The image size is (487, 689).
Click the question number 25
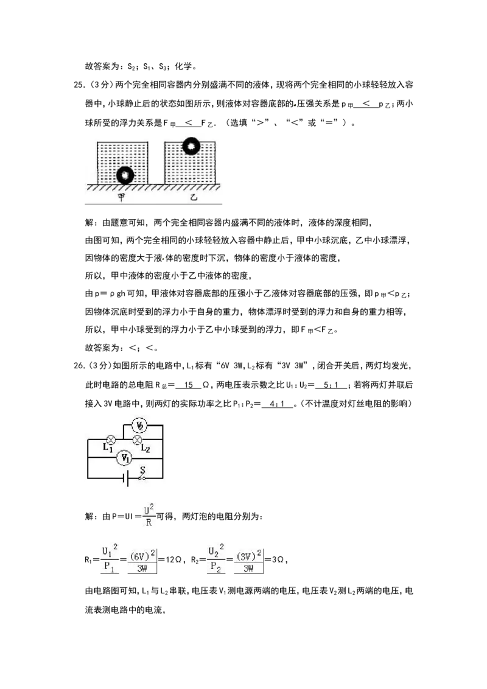(80, 85)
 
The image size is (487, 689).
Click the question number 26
(80, 366)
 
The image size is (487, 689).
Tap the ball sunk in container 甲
(125, 175)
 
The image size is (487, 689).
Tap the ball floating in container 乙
(191, 146)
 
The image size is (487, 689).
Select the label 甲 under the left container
(122, 197)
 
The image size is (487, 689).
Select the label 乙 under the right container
(194, 197)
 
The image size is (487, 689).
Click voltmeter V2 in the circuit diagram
(140, 425)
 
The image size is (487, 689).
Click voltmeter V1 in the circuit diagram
(125, 458)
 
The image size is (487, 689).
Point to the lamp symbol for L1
(111, 439)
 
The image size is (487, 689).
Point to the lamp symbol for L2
(138, 439)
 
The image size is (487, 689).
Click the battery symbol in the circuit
(125, 478)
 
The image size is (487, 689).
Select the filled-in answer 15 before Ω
(189, 385)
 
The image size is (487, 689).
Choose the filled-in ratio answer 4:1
(277, 404)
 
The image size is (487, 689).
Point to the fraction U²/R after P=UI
(149, 516)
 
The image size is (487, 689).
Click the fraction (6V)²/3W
(142, 561)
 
